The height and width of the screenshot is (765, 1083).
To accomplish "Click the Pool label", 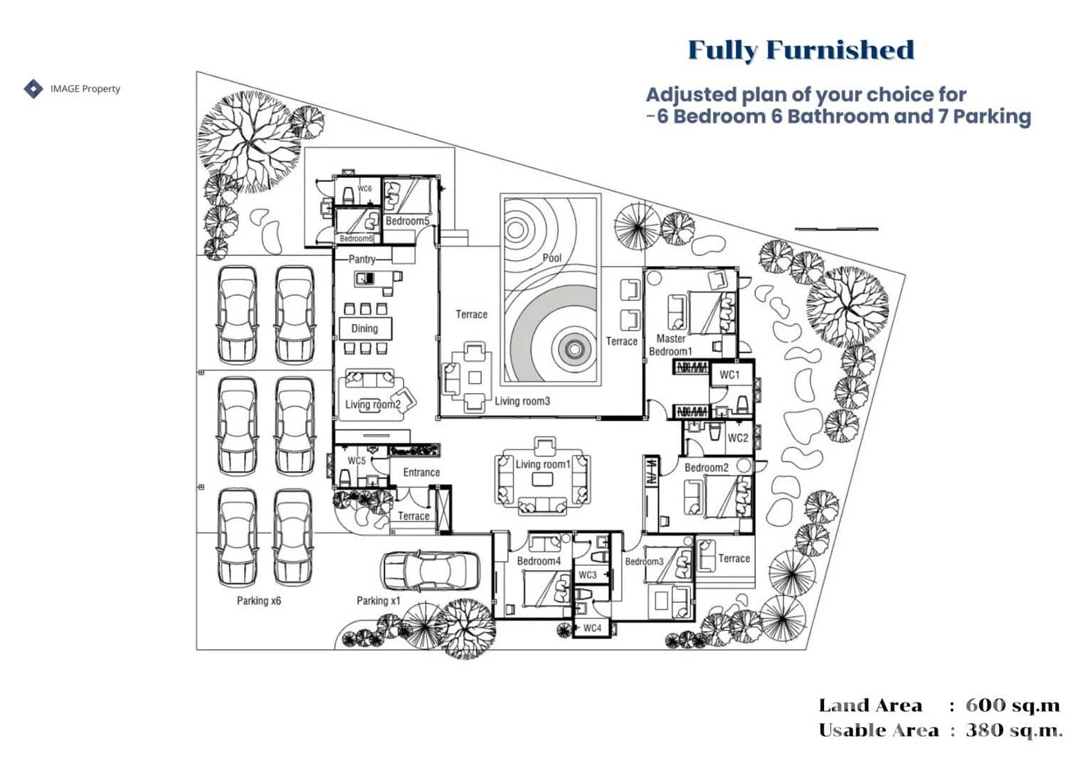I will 551,258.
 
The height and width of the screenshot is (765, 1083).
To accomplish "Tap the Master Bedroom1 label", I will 670,345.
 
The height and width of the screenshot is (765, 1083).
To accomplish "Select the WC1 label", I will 729,375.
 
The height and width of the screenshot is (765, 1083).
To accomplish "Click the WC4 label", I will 592,628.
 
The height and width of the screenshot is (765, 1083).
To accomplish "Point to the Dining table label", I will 364,328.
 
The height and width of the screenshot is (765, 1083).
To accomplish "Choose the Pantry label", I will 361,260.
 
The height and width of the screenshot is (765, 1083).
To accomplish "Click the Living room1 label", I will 543,464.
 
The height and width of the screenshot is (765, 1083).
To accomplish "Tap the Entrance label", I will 421,472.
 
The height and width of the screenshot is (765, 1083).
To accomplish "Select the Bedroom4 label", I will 539,561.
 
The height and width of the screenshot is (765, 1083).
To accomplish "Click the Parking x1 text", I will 378,601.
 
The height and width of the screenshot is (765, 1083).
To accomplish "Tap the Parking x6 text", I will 258,601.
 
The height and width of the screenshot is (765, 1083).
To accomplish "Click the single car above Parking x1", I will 430,570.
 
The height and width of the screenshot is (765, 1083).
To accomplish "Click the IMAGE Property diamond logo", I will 33,89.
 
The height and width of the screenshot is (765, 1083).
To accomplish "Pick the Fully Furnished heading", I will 801,50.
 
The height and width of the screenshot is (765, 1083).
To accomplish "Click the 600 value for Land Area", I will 985,705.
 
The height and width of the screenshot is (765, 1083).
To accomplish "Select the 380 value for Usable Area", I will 985,730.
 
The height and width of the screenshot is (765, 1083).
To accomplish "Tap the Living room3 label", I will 522,401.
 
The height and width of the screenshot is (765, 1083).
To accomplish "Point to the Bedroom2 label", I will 706,468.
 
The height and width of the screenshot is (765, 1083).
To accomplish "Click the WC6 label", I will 364,189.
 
